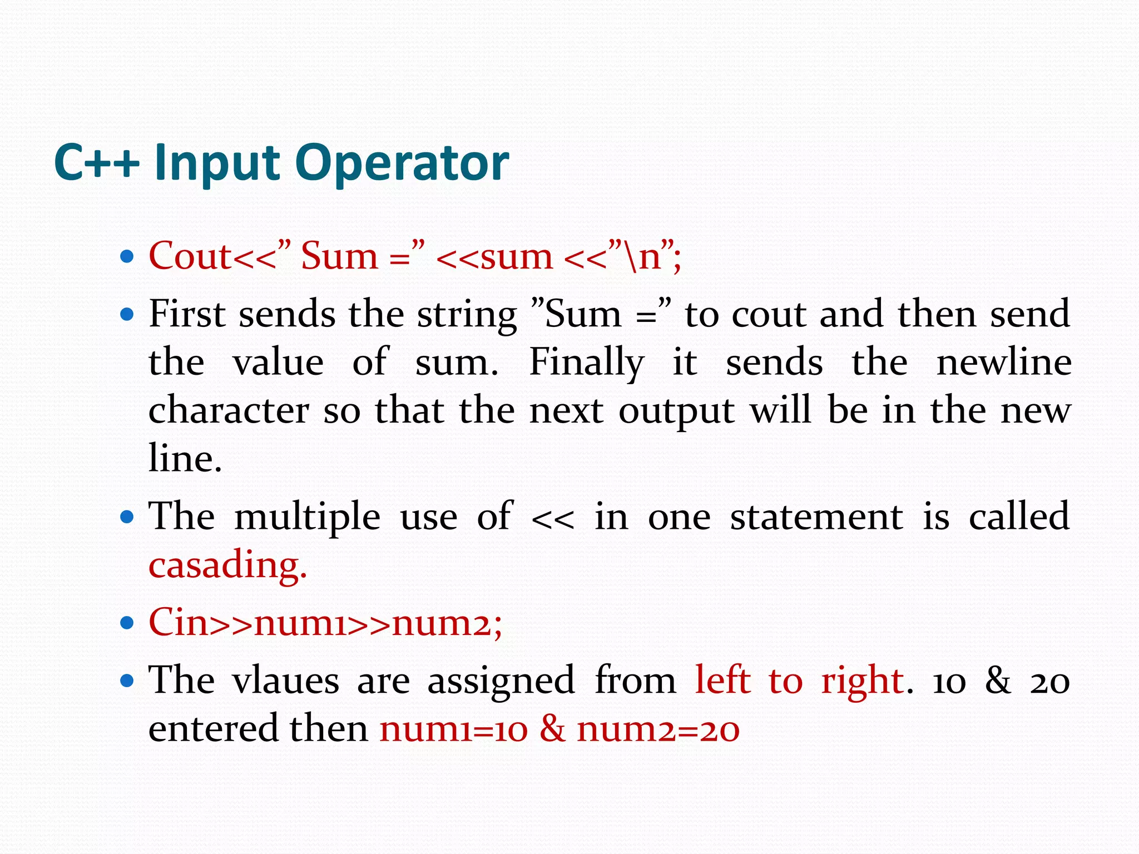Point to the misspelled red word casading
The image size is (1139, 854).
(x=227, y=565)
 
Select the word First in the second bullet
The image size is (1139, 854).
(x=186, y=314)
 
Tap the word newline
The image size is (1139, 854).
(x=1004, y=363)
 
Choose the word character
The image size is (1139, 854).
(x=229, y=411)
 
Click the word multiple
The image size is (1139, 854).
(x=307, y=517)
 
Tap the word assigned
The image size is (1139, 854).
(x=501, y=681)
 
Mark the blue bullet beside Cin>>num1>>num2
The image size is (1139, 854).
(x=127, y=623)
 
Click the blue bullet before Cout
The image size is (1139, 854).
(x=127, y=257)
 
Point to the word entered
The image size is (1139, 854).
(x=212, y=728)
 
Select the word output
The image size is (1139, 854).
(x=676, y=412)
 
